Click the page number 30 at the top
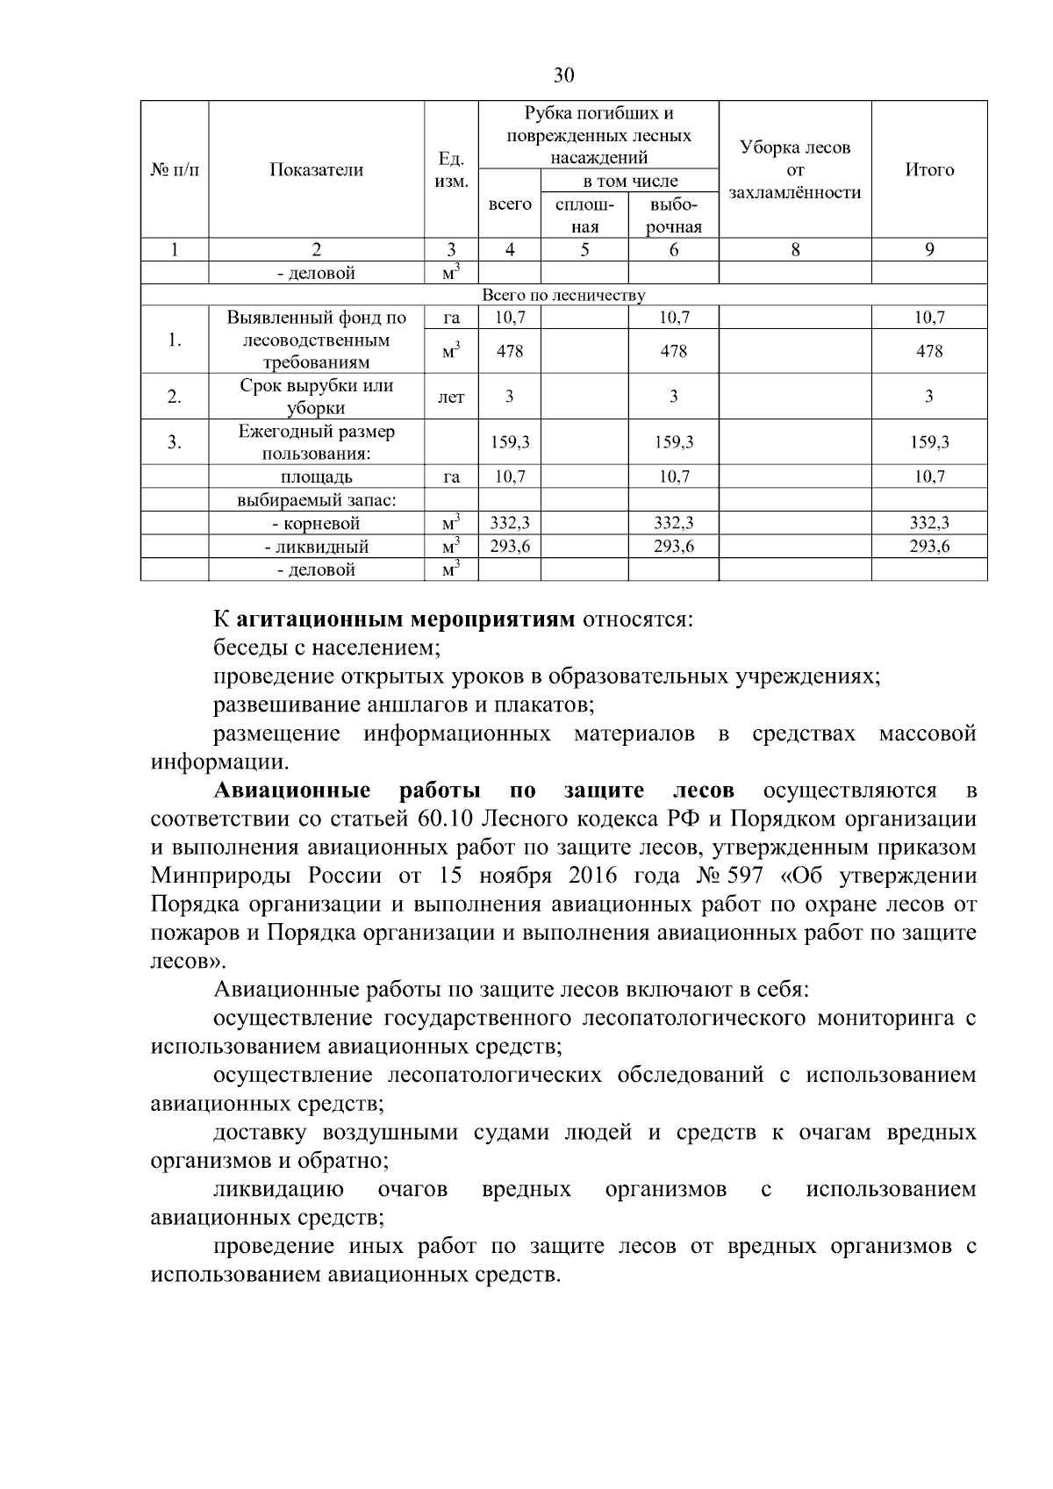pos(563,75)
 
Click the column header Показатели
pos(316,170)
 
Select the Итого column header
pos(928,170)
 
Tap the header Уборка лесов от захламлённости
pos(794,170)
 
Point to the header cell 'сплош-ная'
pos(584,216)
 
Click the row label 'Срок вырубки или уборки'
pos(316,397)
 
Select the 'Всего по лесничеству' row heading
pos(563,296)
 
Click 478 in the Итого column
pos(928,352)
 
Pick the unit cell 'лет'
pos(451,397)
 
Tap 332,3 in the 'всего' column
pos(509,524)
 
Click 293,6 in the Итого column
pos(928,547)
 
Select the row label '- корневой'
pos(316,525)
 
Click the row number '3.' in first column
pos(175,442)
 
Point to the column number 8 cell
pos(794,250)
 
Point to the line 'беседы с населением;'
pos(326,649)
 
